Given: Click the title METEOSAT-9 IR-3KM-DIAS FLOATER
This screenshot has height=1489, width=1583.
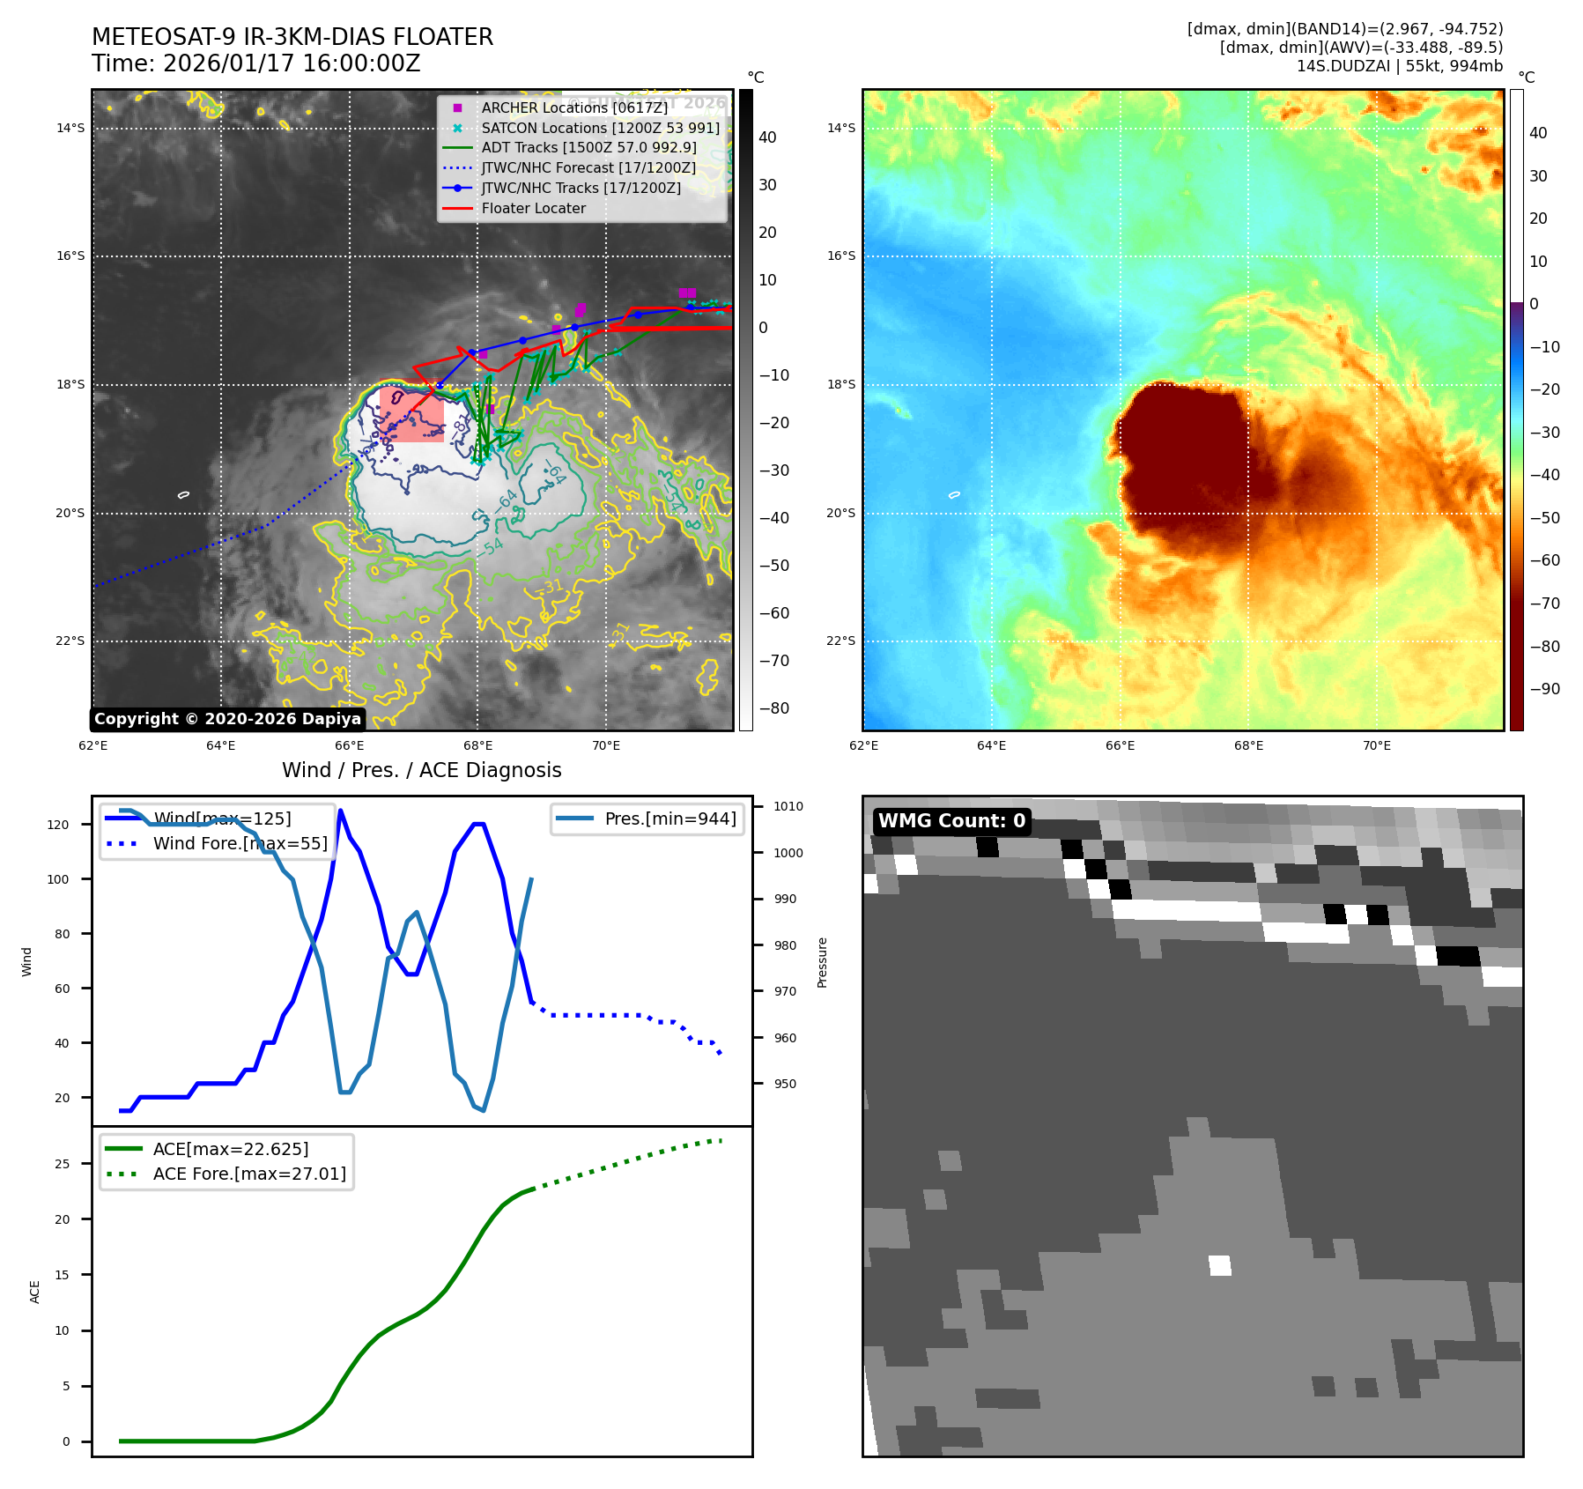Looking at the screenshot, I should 292,37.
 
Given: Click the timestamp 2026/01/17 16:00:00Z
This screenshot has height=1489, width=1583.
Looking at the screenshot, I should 292,63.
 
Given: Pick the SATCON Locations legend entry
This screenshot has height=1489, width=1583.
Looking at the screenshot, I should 600,128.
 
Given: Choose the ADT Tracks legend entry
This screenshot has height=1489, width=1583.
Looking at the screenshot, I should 588,148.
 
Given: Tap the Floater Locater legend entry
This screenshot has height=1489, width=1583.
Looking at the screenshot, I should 533,209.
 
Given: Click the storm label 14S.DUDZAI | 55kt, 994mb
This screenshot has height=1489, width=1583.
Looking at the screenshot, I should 1399,66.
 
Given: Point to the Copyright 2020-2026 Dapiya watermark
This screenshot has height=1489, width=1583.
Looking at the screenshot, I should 227,719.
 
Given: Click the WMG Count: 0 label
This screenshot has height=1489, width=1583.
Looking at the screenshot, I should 951,821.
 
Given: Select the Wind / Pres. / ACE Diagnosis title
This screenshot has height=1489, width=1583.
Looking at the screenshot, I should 421,770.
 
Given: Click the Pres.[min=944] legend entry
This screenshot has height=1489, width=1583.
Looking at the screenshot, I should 669,819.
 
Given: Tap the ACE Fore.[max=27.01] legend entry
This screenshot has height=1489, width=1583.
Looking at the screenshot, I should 249,1174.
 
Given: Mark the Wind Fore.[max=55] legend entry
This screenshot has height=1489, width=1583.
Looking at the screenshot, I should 240,843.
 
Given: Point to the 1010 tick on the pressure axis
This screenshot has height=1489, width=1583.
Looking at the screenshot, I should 788,806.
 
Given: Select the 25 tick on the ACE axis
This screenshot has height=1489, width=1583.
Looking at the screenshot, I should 62,1164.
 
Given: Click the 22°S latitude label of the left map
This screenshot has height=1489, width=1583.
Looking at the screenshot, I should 70,641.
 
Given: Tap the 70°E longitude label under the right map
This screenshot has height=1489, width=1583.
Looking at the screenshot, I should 1376,745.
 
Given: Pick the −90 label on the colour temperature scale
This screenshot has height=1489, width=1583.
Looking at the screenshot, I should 1544,689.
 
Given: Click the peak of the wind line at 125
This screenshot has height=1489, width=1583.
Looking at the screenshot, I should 340,811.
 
